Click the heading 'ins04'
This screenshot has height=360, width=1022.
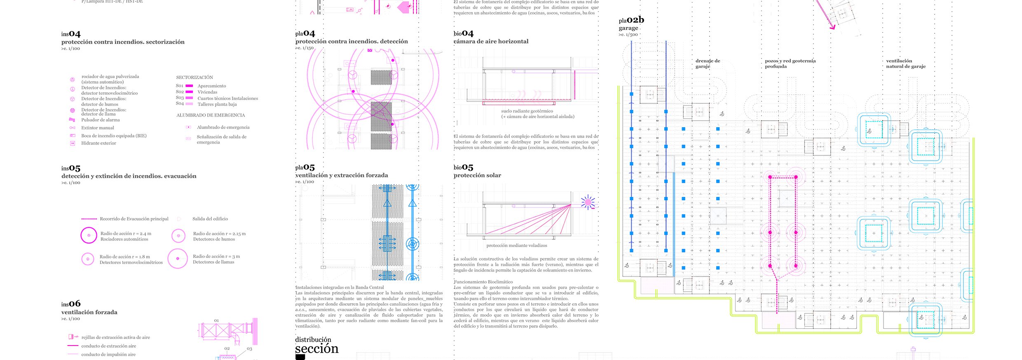point(71,34)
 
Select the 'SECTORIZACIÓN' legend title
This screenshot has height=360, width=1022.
point(195,77)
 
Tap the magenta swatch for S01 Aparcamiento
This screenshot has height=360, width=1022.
point(190,86)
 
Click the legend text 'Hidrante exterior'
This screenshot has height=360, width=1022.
point(98,143)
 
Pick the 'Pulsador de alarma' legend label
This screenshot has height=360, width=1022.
point(101,120)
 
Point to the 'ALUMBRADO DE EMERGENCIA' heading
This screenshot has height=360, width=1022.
point(211,115)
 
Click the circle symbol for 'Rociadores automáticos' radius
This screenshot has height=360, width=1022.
point(89,235)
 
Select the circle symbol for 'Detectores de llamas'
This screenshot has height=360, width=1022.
point(178,259)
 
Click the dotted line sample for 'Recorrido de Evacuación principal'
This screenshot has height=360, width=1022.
point(89,219)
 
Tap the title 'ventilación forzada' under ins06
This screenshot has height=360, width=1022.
point(89,312)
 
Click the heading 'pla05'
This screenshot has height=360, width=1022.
point(305,168)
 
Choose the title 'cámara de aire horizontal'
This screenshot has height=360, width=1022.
point(491,41)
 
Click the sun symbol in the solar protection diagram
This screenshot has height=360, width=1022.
point(588,202)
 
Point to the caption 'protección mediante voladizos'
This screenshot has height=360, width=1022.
point(517,245)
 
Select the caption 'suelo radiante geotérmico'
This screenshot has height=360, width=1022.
point(527,111)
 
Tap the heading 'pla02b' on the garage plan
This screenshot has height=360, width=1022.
point(631,20)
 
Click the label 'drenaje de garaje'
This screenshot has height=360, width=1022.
point(708,63)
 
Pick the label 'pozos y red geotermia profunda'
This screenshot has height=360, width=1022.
point(790,63)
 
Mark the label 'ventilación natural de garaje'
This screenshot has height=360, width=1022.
point(906,63)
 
